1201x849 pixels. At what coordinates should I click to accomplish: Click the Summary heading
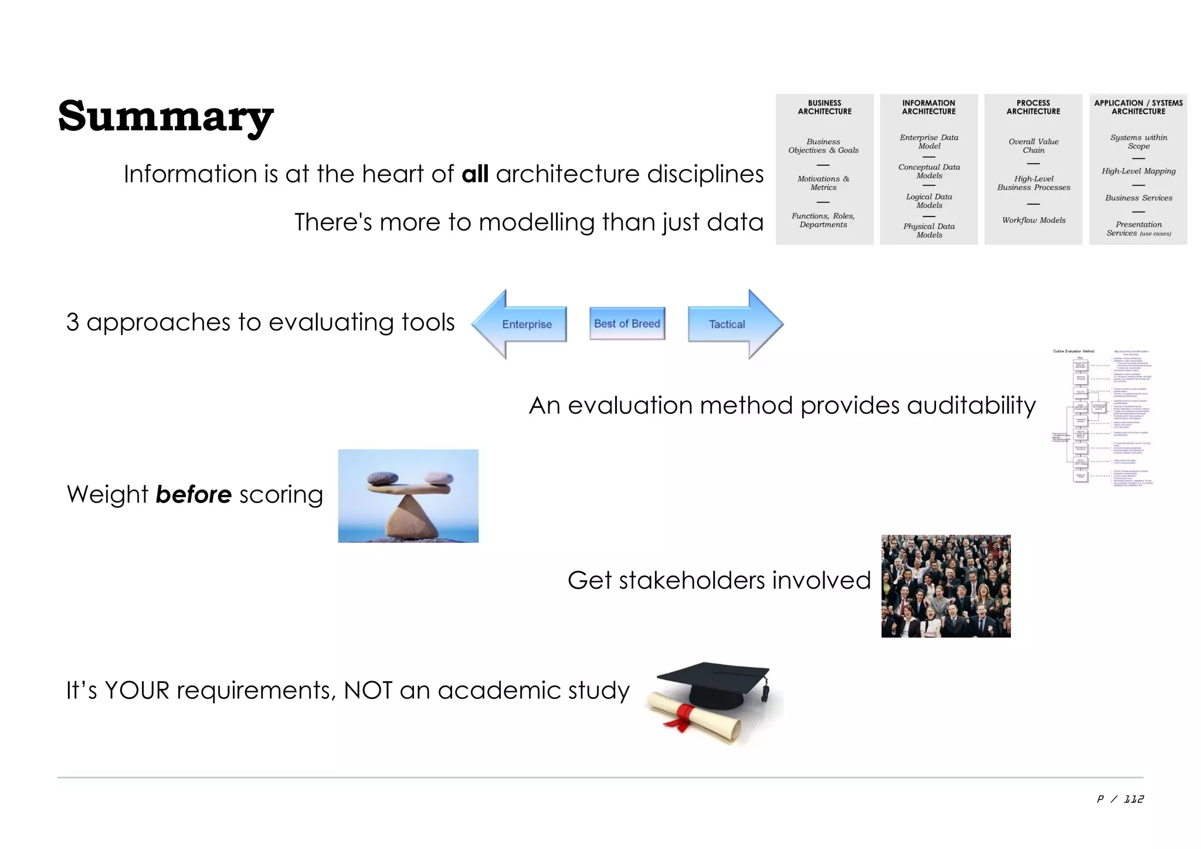coord(165,116)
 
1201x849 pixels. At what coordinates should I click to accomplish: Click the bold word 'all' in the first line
coord(475,174)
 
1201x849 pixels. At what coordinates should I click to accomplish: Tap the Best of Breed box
coord(627,324)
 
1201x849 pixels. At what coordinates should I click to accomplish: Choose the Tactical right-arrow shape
coord(733,324)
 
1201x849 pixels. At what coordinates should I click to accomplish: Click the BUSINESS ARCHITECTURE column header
coord(824,107)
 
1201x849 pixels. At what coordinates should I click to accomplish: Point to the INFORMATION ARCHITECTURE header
coord(928,107)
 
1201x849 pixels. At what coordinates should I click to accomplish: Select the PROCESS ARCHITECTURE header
coord(1033,107)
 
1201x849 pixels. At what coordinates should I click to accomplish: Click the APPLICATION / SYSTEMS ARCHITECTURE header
coord(1138,107)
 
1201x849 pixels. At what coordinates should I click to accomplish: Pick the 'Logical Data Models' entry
coord(929,201)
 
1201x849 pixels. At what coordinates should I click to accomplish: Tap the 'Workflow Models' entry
coord(1033,220)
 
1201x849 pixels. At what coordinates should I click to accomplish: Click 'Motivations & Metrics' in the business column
coord(823,183)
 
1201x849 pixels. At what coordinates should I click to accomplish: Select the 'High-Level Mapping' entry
coord(1138,171)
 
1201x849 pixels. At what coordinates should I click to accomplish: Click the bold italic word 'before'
coord(194,495)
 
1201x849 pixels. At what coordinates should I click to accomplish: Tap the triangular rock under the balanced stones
coord(409,516)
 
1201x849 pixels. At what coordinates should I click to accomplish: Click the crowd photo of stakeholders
coord(945,586)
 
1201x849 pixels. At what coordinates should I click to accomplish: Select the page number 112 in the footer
coord(1133,799)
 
